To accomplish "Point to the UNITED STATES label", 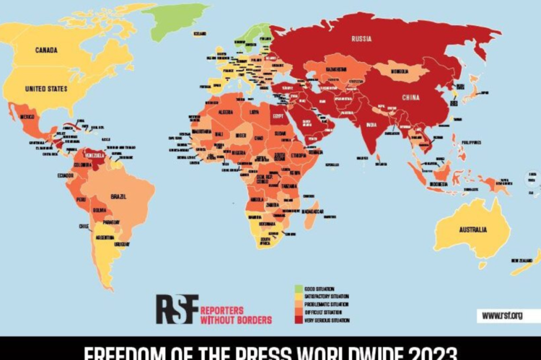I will (x=46, y=89).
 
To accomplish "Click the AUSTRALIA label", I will (x=470, y=229).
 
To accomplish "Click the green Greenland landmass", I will (x=177, y=18).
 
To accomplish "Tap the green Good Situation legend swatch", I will (x=297, y=289).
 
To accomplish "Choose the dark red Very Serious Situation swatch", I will (x=297, y=320).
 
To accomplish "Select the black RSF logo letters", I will (x=177, y=308).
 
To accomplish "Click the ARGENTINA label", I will (x=105, y=237).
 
